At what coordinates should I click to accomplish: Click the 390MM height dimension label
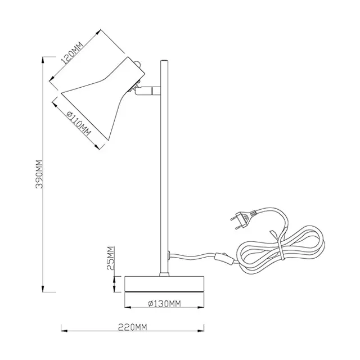tap(39, 174)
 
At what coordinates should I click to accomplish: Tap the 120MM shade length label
tap(72, 53)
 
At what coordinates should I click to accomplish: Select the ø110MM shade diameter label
tap(79, 123)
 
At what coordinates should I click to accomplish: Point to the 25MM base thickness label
tap(111, 258)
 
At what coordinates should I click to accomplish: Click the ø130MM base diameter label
tap(164, 304)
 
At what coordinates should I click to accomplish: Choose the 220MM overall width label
tap(133, 327)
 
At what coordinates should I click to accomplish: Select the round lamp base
tap(164, 284)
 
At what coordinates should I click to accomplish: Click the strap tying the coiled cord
tap(279, 246)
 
